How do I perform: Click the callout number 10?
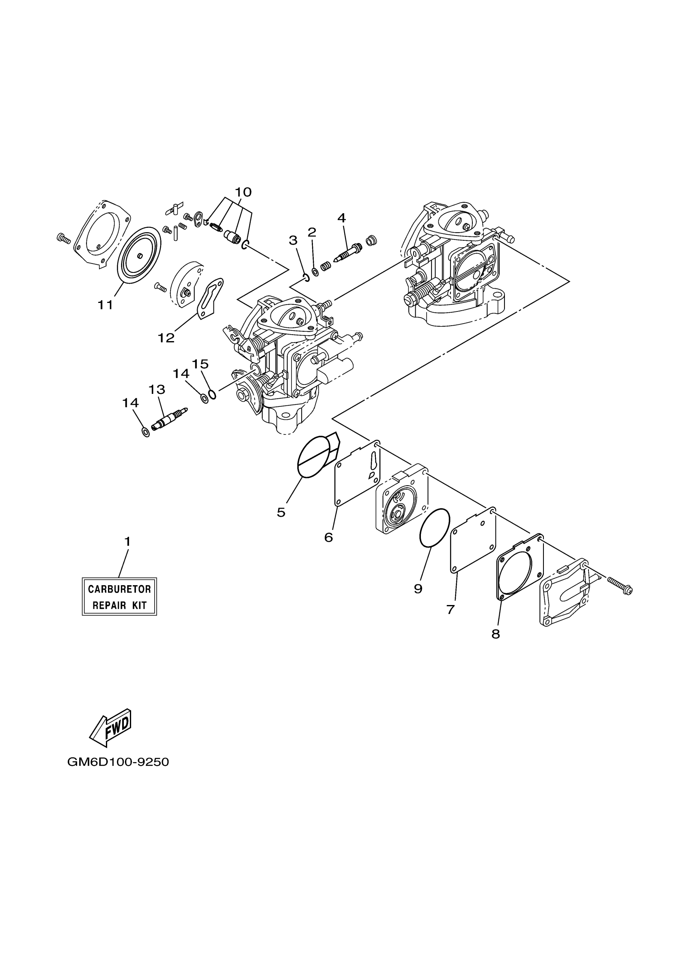tap(243, 192)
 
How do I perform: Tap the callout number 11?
tap(106, 305)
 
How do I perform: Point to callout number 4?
tap(341, 218)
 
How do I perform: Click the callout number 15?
tap(201, 363)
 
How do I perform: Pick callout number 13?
tap(157, 389)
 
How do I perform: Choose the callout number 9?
tap(418, 589)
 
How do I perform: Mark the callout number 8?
tap(496, 634)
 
